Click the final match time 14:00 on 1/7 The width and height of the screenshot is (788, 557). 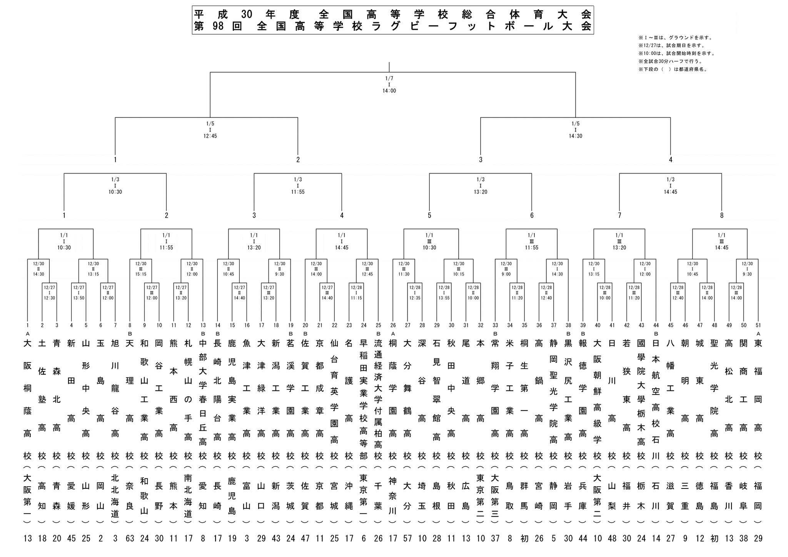click(389, 91)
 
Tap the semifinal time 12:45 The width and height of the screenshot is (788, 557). click(210, 136)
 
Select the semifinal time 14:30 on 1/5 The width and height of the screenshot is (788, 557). click(575, 136)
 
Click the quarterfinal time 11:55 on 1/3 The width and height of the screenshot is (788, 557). click(298, 192)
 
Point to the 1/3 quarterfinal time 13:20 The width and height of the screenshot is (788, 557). click(481, 192)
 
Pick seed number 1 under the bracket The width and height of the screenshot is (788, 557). click(28, 325)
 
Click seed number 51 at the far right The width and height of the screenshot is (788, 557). click(758, 325)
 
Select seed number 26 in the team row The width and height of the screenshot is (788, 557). click(393, 325)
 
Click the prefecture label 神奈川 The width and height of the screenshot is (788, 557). click(393, 496)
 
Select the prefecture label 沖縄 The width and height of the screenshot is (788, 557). click(349, 496)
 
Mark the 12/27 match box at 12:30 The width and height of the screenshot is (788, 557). click(49, 292)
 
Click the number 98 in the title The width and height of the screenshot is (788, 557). click(218, 27)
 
